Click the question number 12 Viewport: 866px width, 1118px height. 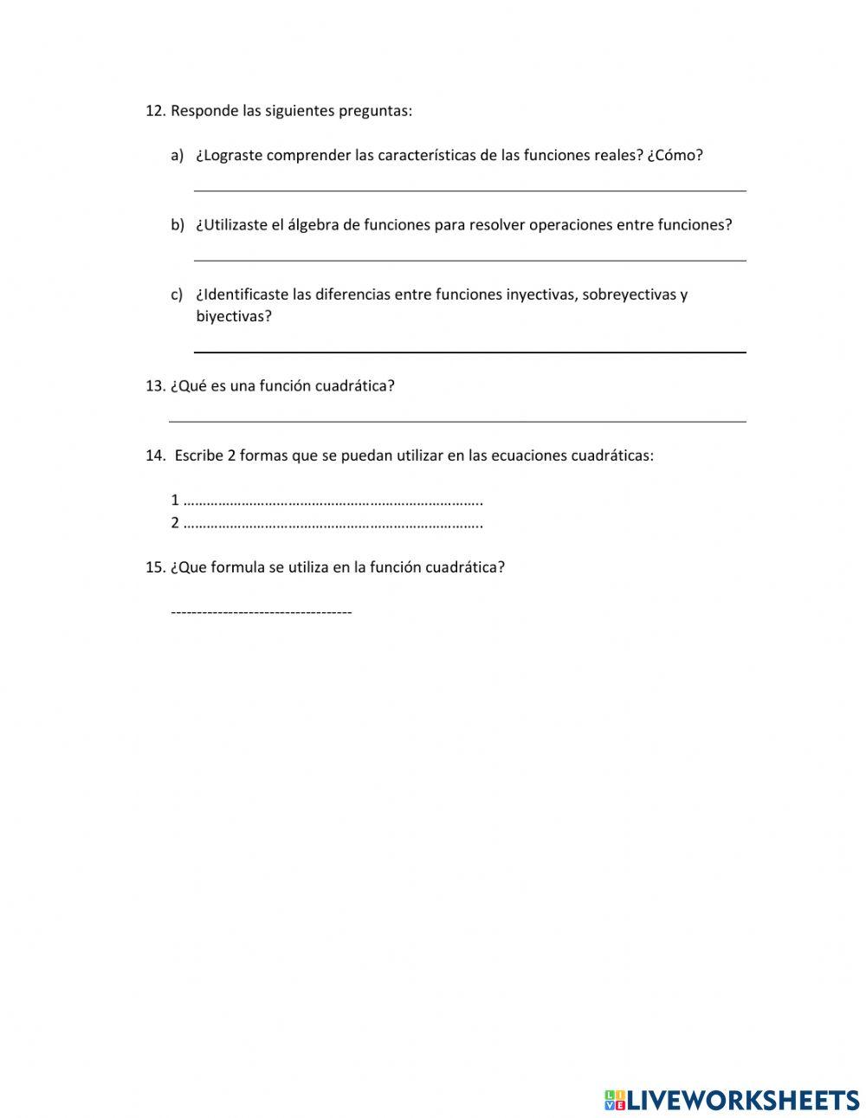(155, 111)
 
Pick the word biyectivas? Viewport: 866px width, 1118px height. (234, 317)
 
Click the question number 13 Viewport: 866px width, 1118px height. (155, 386)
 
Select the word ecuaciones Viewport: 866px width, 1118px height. (529, 456)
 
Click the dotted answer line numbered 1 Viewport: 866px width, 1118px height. (333, 501)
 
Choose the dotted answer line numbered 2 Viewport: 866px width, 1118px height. (333, 524)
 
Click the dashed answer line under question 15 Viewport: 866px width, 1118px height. (262, 613)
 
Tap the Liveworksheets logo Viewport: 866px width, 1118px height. (731, 1100)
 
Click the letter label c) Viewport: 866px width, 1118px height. (177, 294)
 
